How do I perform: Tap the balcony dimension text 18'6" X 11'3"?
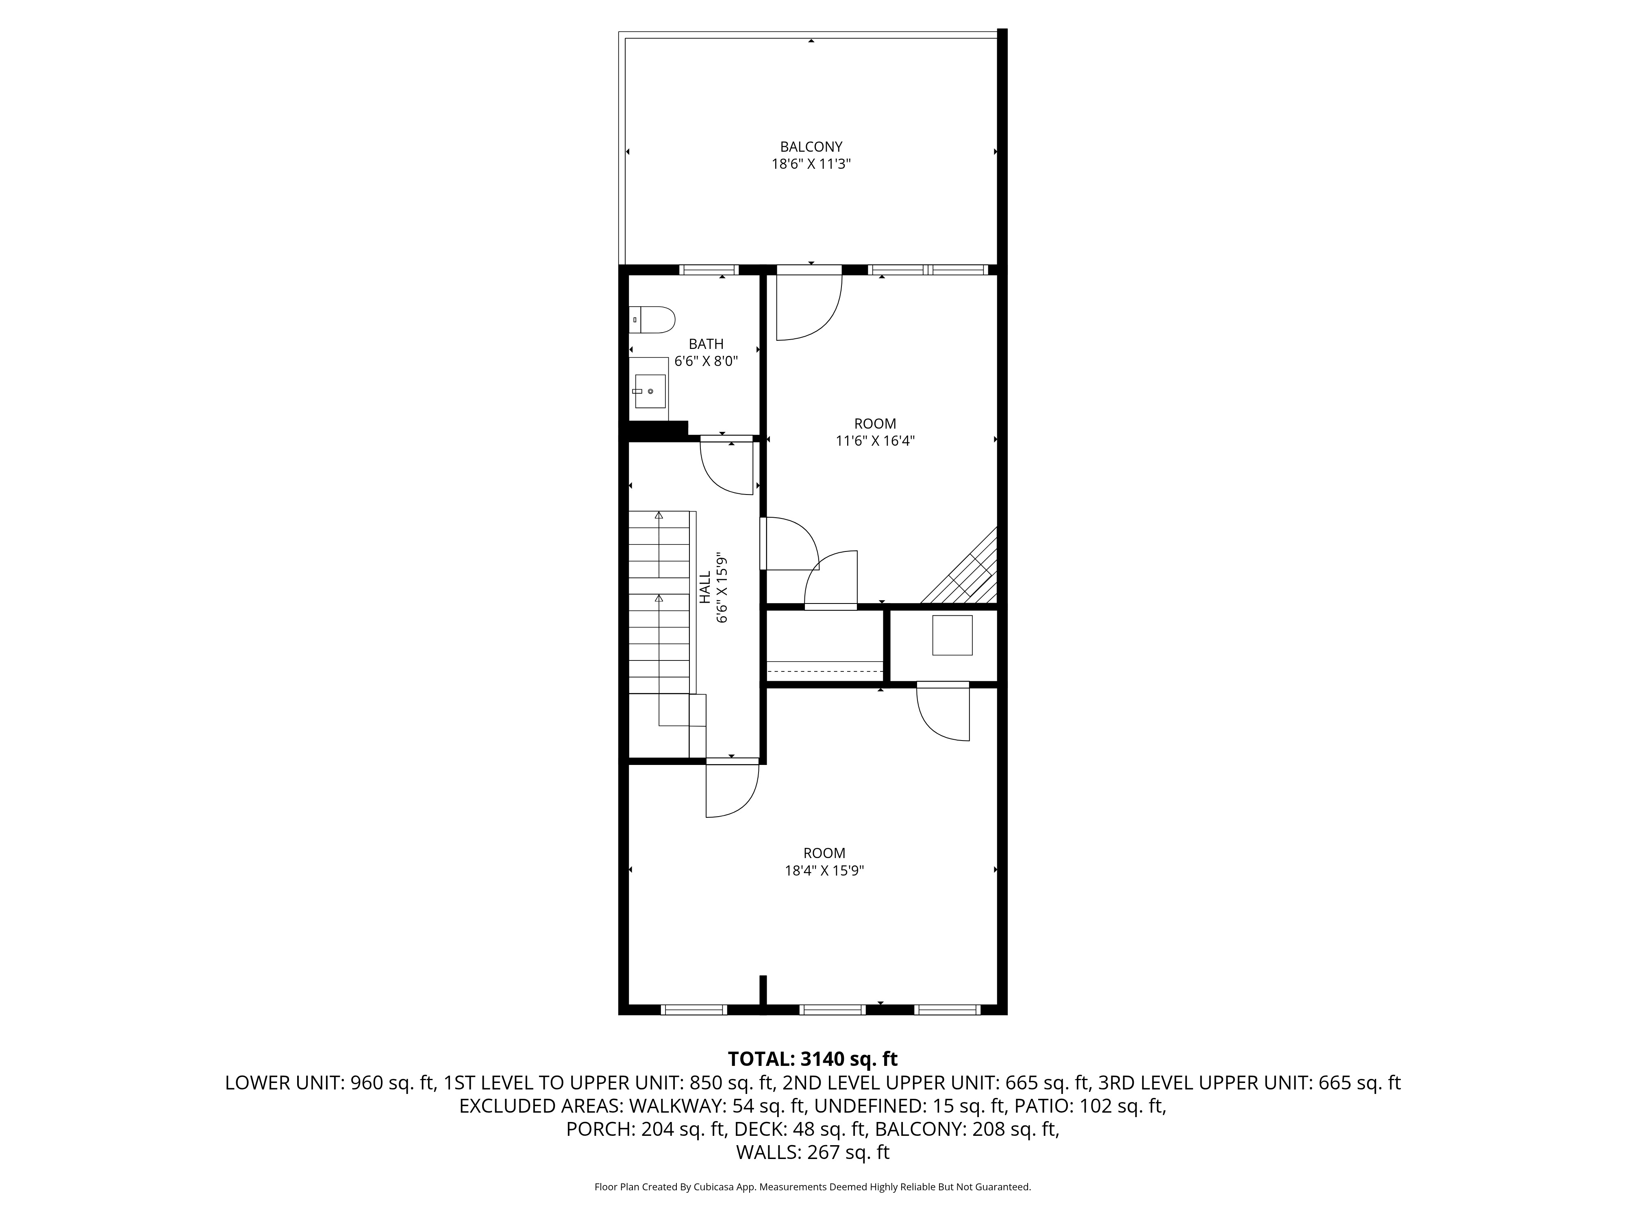coord(811,164)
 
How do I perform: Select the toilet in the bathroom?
coord(654,320)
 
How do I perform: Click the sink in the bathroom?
coord(650,391)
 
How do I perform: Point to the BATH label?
coord(706,343)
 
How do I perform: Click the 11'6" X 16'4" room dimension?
coord(875,440)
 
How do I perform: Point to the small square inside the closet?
coord(952,635)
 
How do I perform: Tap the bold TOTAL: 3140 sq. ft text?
coord(812,1059)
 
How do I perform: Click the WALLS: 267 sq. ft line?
coord(812,1152)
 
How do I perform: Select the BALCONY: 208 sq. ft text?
coord(967,1129)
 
